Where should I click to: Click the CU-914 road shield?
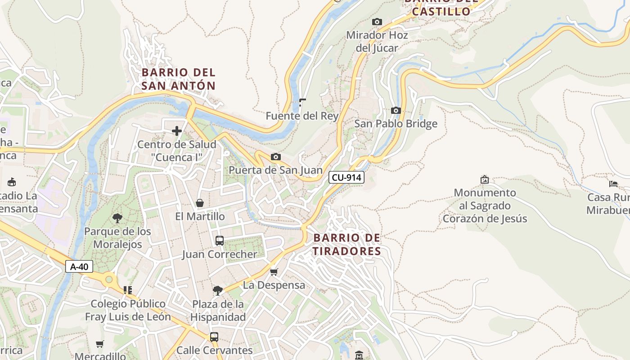(346, 177)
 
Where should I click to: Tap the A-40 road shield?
(79, 266)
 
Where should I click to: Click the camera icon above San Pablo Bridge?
(396, 110)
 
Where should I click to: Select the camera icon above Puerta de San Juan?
(276, 157)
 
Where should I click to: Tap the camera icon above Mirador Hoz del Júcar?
(377, 22)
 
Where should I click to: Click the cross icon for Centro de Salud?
(177, 131)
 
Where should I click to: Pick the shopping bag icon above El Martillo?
(200, 203)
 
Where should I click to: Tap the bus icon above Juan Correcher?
(220, 241)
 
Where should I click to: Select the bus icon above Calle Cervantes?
(214, 337)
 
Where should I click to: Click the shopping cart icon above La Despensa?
(274, 272)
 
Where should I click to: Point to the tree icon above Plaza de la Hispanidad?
(218, 291)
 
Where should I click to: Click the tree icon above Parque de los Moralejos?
(117, 218)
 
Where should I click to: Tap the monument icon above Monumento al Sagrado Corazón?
(485, 179)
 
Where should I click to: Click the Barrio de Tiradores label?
(347, 244)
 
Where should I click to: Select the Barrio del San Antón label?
(179, 79)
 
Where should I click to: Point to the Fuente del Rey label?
(302, 116)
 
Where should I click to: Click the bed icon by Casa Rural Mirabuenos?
(613, 184)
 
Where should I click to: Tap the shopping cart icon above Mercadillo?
(100, 344)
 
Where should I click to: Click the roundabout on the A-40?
(108, 280)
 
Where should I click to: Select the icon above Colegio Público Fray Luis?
(128, 290)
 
